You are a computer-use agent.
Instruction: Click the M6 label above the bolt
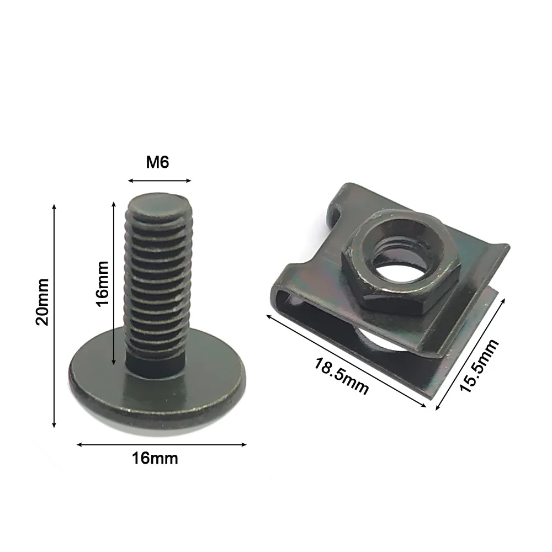[x=157, y=163]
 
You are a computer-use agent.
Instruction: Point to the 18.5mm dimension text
[x=341, y=376]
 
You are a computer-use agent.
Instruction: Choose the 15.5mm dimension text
[x=479, y=366]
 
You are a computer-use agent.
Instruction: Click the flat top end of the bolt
[x=159, y=204]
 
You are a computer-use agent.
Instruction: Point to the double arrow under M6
[x=159, y=181]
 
